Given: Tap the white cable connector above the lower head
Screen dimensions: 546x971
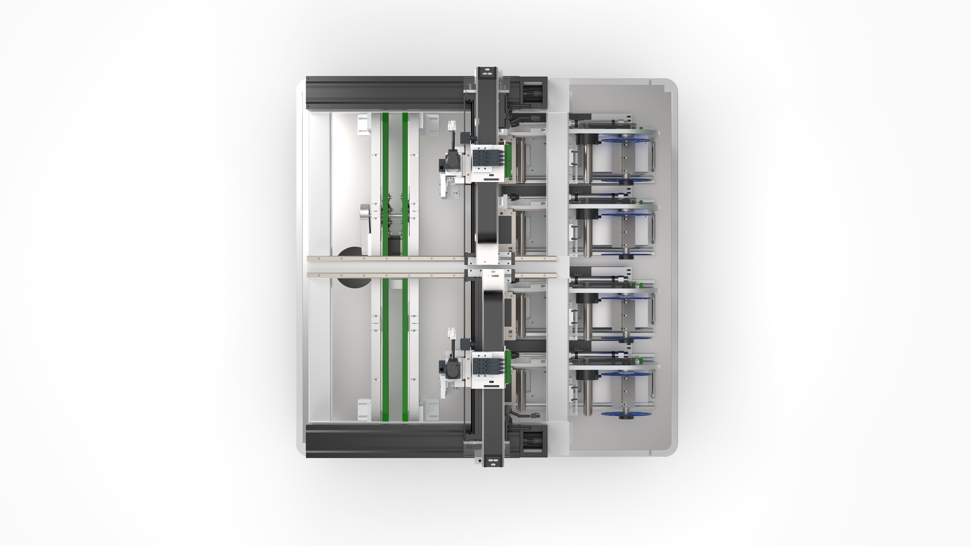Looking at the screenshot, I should [x=451, y=333].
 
